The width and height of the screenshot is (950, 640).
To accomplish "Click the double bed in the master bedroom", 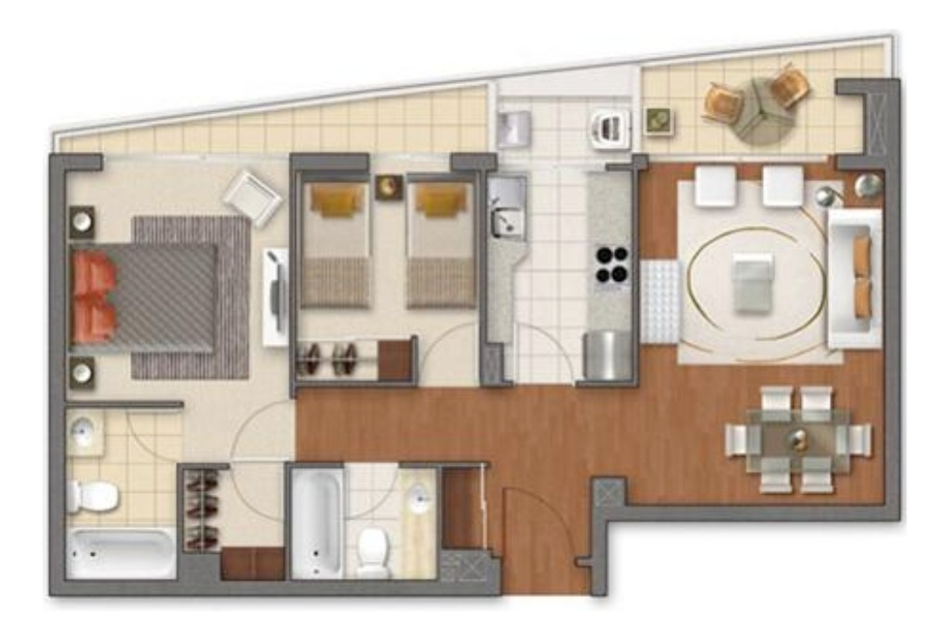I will tap(148, 296).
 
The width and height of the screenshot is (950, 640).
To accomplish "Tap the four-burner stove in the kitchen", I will tap(611, 265).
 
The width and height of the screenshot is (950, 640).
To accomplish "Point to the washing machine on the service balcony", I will tap(611, 129).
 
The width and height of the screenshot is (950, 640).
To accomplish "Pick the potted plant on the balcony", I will tap(660, 121).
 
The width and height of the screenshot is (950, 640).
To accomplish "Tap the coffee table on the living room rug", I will tap(752, 282).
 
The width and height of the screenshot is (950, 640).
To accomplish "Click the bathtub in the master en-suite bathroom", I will tap(120, 553).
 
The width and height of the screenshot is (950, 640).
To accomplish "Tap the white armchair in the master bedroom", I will tap(252, 196).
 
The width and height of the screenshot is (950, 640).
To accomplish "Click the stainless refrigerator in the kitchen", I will tap(607, 355).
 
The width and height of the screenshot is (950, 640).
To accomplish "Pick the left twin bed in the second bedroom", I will tap(337, 244).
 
